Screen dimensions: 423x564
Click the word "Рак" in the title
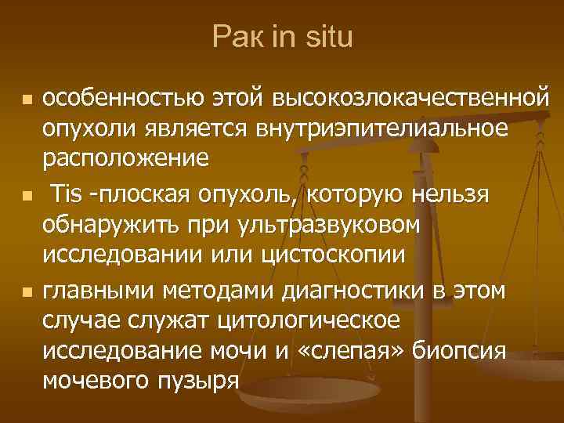pyautogui.click(x=233, y=37)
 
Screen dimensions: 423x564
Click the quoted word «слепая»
pyautogui.click(x=345, y=351)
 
